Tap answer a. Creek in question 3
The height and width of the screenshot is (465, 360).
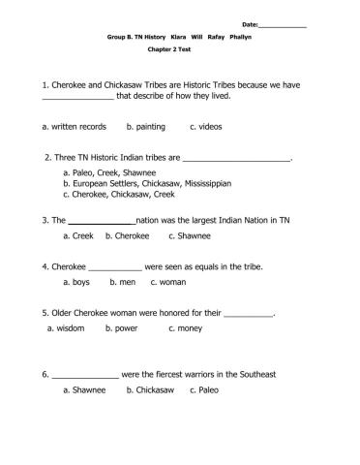[77, 234]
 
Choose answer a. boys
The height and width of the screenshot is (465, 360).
[77, 282]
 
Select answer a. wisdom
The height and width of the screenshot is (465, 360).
[66, 328]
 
